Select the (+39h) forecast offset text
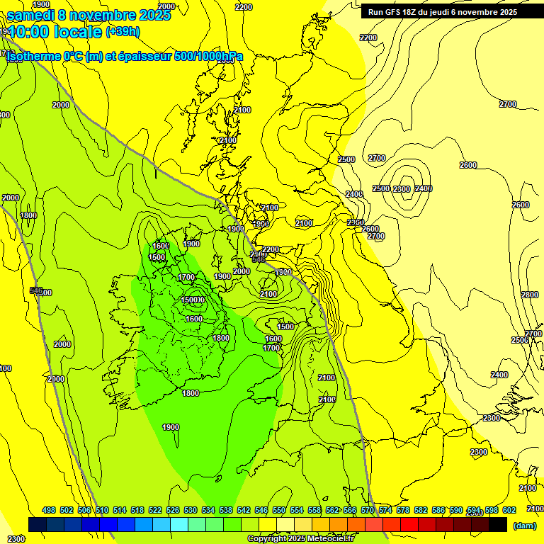123,31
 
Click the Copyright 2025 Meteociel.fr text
300,539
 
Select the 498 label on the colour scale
49,510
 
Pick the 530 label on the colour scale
191,510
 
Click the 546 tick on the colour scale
261,510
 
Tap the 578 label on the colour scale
403,510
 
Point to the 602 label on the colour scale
509,510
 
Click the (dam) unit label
525,526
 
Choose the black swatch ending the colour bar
498,524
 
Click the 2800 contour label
529,295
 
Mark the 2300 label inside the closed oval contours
402,188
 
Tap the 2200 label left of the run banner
243,7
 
